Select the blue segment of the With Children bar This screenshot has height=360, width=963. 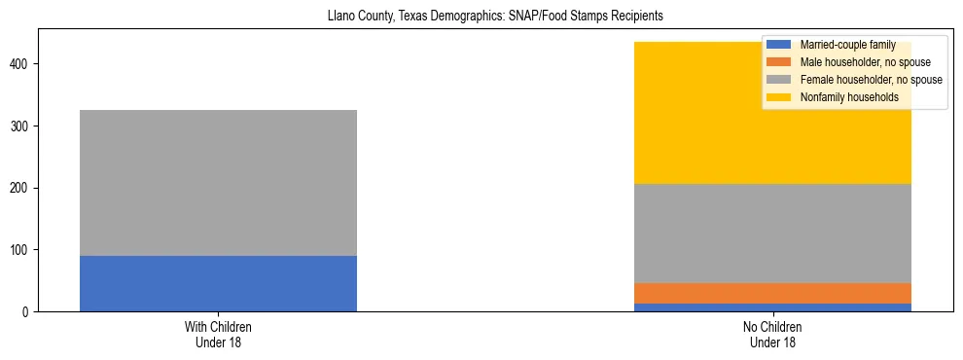(218, 283)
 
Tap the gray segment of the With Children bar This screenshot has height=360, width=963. (218, 183)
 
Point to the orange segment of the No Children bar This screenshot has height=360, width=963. (772, 293)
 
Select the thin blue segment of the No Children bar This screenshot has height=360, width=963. (772, 307)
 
